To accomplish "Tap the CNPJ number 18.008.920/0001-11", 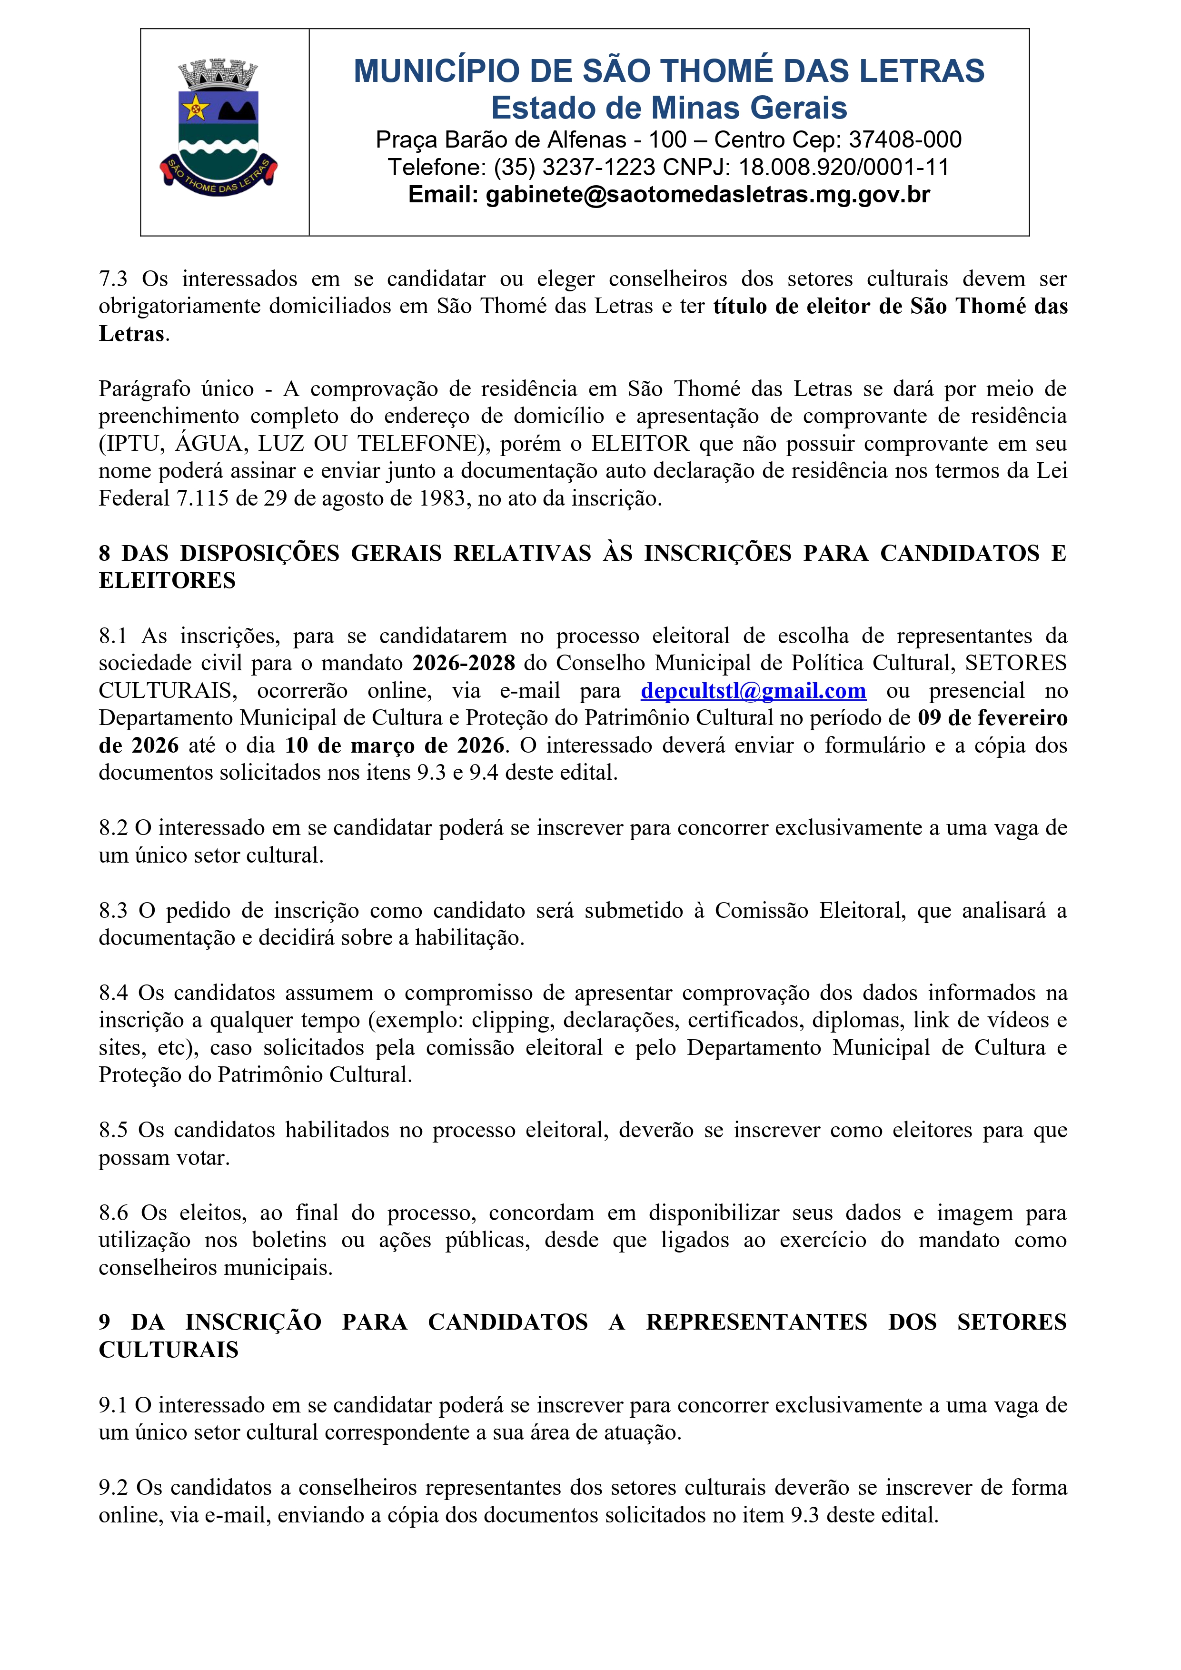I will (x=844, y=167).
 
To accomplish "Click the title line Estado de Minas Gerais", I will (x=669, y=108).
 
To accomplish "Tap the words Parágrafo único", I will (x=176, y=388).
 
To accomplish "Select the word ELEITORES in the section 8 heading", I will (x=167, y=580).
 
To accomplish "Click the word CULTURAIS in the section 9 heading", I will (x=169, y=1350).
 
